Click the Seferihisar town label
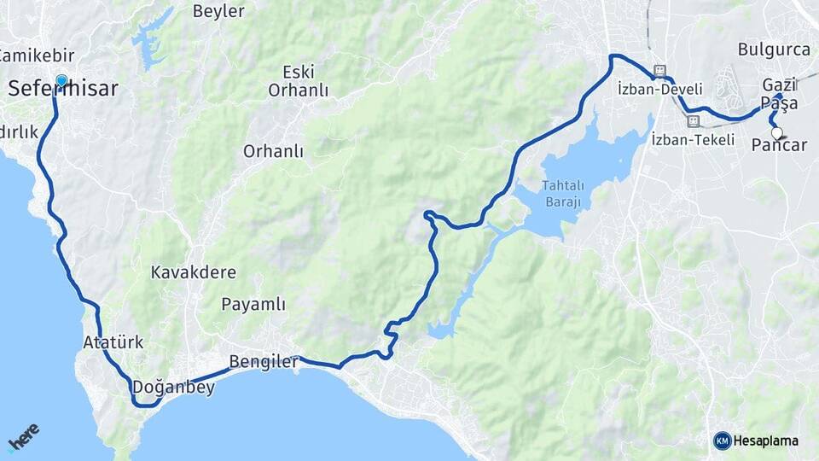(63, 89)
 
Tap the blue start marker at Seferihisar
(61, 81)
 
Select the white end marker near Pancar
(777, 133)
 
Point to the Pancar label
(779, 145)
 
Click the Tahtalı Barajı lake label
(561, 194)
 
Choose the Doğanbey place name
(173, 387)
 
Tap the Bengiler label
(264, 362)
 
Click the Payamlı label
(253, 304)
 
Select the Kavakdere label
(194, 272)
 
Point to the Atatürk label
(113, 342)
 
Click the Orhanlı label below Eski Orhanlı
(273, 151)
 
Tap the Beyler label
(218, 11)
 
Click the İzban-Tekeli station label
(692, 139)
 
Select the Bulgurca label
(774, 50)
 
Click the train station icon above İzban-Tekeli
(692, 121)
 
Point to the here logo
(23, 436)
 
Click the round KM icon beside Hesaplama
(722, 441)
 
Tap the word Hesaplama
(765, 441)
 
